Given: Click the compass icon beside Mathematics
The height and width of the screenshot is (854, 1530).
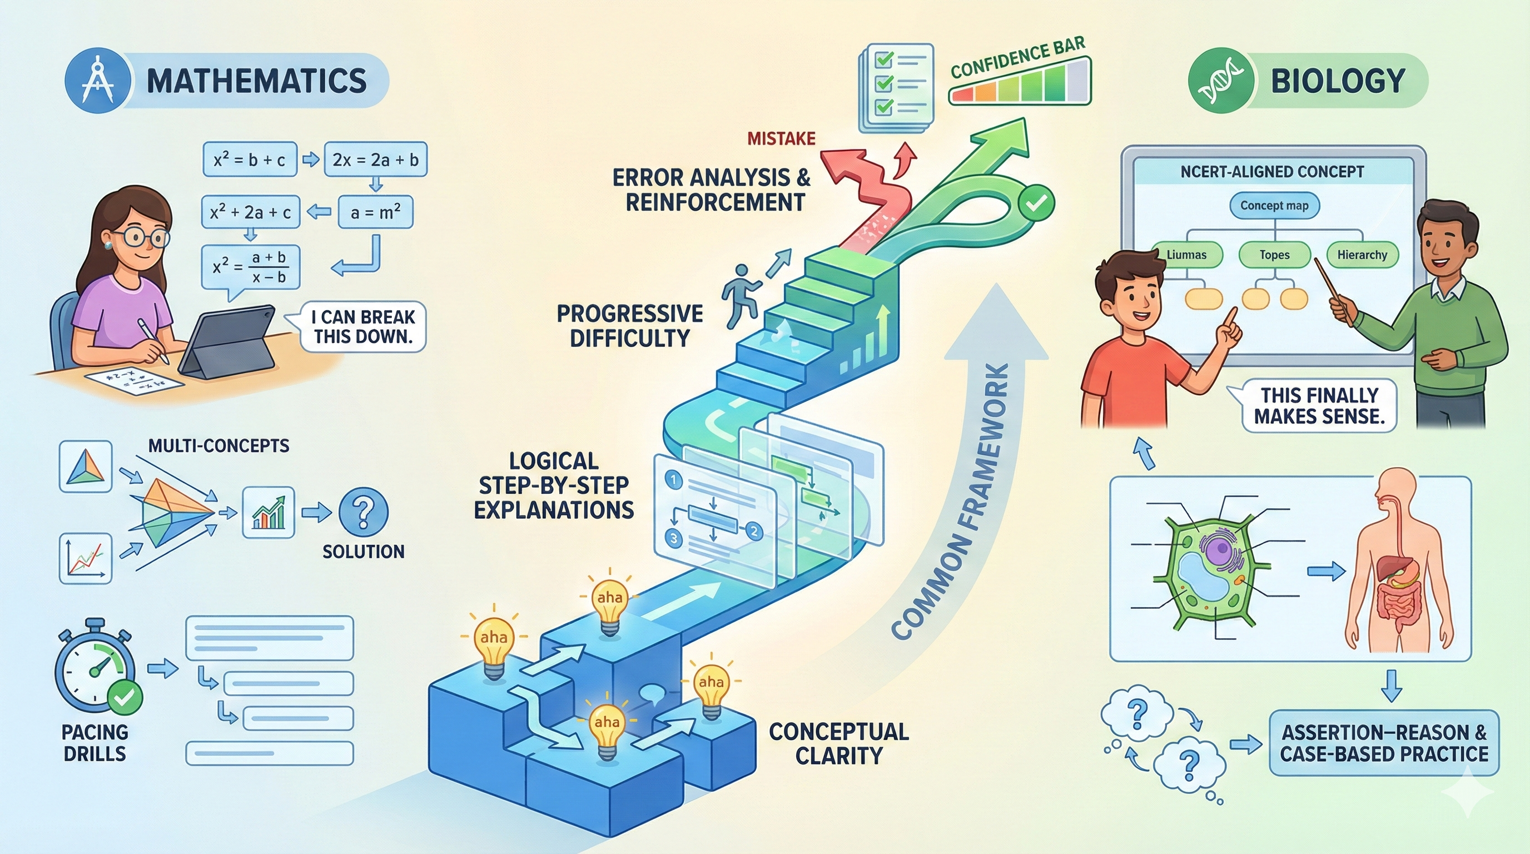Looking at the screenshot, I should pos(97,81).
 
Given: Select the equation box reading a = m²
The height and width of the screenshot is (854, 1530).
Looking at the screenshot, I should pos(375,212).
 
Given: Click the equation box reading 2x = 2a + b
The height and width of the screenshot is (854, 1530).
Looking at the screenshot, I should pos(375,159).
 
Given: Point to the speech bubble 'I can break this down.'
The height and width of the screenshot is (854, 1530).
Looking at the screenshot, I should pos(362,326).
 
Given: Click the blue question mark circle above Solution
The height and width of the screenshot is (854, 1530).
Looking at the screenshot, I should pos(363,512).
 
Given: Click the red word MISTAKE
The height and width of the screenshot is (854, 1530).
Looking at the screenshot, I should pos(781,139).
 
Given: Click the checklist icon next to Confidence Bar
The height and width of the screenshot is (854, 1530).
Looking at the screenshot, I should pos(896,87).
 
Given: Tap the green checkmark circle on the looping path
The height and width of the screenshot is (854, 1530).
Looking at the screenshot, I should pos(1036,202).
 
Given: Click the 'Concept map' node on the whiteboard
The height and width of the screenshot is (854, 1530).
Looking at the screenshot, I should pos(1274,206).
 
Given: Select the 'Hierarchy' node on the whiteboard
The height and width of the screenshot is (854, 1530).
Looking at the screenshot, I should pos(1362,255).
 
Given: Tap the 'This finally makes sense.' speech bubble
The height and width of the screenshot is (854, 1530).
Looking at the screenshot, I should pos(1319,406).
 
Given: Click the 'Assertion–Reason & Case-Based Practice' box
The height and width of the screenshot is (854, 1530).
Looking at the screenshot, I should pos(1383,742).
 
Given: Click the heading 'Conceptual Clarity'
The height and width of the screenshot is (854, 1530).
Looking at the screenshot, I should pos(838,743).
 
